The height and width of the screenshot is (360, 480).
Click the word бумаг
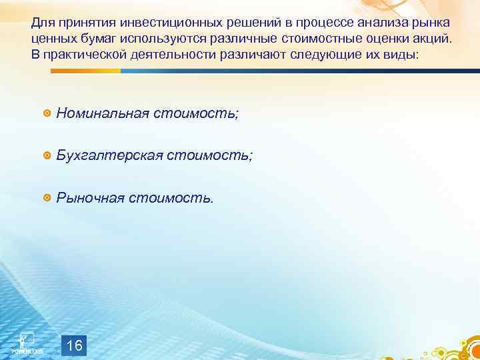93,39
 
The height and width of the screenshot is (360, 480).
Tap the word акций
433,39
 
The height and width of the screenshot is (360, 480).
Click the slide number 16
75,346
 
